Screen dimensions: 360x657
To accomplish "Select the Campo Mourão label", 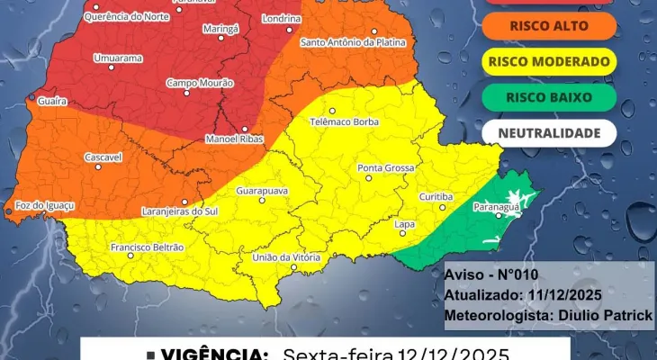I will click(194, 83).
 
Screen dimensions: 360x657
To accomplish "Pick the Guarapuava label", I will click(261, 192).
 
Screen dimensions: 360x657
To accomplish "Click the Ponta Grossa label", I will click(385, 168).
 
